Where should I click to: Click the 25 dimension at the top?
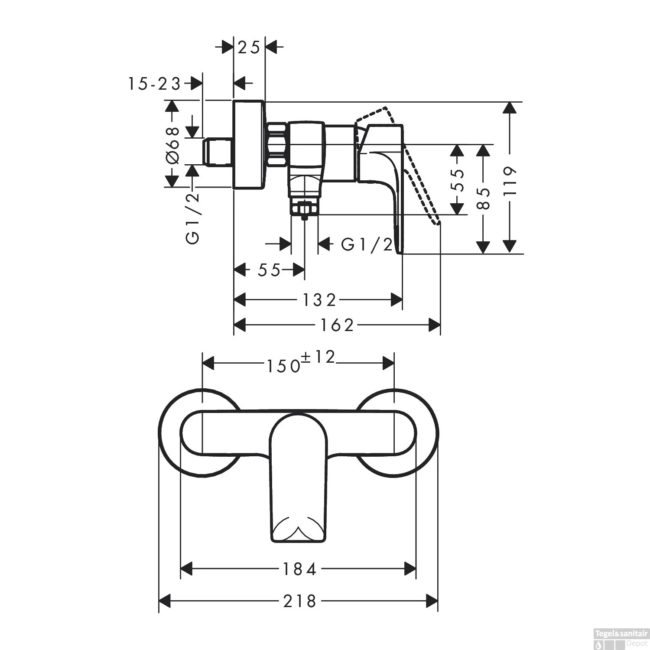point(249,47)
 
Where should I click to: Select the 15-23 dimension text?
point(154,84)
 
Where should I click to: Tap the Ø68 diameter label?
point(173,145)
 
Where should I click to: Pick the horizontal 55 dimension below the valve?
point(269,270)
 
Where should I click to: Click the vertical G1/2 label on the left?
point(193,218)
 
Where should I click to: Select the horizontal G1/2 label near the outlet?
point(367,245)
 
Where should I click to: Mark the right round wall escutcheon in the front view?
point(427,433)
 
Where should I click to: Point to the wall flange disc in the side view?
point(248,145)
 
